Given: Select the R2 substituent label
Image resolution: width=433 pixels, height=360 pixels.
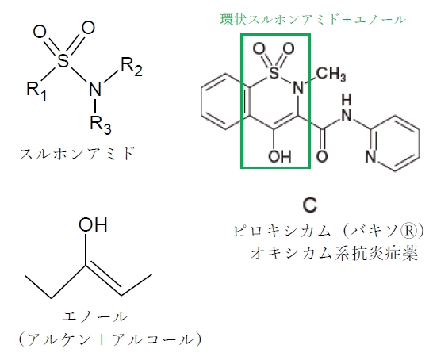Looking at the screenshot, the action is click(132, 67).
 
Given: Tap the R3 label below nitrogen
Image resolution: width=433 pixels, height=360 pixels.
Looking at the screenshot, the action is click(101, 124).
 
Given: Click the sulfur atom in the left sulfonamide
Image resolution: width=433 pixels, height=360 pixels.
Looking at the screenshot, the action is click(63, 60).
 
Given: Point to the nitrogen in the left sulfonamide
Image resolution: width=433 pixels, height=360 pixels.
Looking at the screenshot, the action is click(95, 89).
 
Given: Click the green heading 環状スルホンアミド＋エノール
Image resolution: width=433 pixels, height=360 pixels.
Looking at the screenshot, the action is click(313, 20).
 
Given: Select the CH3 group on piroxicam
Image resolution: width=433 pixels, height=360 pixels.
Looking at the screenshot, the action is click(331, 75).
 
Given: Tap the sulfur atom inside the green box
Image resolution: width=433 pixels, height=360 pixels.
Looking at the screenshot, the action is click(274, 73).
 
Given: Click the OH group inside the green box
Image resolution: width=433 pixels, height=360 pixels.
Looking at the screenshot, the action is click(280, 156).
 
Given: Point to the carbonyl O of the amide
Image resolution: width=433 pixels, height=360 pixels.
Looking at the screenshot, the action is click(322, 156).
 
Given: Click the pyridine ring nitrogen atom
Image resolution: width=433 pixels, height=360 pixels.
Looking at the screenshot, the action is click(370, 157).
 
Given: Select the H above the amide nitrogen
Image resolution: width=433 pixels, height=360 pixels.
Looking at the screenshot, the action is click(347, 100).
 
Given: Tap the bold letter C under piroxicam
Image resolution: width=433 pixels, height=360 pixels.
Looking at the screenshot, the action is click(310, 205).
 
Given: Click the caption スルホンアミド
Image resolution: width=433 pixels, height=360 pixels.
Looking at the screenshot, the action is click(78, 154).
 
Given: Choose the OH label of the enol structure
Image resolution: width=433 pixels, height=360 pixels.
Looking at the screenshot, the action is click(93, 224).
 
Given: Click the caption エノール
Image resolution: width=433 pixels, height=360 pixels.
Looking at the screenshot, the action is click(95, 316).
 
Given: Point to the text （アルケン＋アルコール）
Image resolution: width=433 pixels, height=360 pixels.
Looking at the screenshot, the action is click(110, 340).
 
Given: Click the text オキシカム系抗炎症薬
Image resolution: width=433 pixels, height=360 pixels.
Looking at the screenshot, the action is click(334, 253).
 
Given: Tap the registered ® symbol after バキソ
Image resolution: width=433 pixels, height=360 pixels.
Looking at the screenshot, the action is click(411, 231).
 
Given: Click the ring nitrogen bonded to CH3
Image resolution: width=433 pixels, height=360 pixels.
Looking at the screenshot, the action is click(298, 88).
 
